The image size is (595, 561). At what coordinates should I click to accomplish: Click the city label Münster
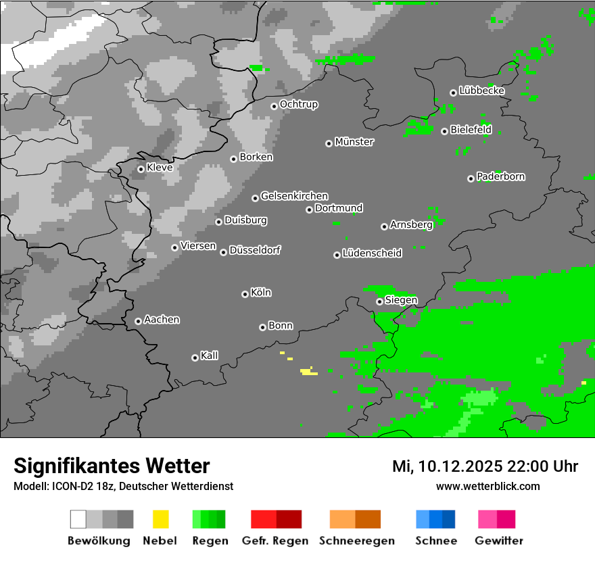click(x=354, y=142)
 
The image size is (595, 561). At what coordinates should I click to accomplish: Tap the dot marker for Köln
click(x=245, y=294)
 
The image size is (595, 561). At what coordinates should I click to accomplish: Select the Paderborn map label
click(x=501, y=176)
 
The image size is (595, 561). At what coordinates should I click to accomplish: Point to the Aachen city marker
click(x=138, y=321)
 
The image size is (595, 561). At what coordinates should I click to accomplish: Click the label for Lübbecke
click(x=482, y=91)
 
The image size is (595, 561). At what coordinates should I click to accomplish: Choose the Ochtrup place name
click(x=299, y=104)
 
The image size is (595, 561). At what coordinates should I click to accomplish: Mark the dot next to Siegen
click(x=379, y=301)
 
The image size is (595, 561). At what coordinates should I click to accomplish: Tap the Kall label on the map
click(x=210, y=356)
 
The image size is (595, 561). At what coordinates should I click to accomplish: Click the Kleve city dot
click(x=141, y=169)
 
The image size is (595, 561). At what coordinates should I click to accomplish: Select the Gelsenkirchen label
click(x=295, y=196)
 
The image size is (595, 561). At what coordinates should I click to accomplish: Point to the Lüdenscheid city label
click(x=373, y=253)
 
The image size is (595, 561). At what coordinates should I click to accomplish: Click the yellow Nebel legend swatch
click(x=160, y=519)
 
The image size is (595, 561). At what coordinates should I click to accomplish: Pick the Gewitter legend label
click(x=499, y=541)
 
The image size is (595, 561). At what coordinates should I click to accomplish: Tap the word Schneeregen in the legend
click(x=357, y=541)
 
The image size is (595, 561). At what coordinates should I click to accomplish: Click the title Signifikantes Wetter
click(x=112, y=466)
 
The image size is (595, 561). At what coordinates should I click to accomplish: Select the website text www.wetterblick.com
click(x=488, y=486)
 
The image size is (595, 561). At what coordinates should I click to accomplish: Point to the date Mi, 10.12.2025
click(x=447, y=466)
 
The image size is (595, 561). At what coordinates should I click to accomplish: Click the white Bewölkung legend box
click(x=78, y=519)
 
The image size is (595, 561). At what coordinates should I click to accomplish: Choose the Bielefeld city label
click(x=471, y=130)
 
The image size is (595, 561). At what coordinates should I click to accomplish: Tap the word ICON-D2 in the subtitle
click(x=69, y=486)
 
